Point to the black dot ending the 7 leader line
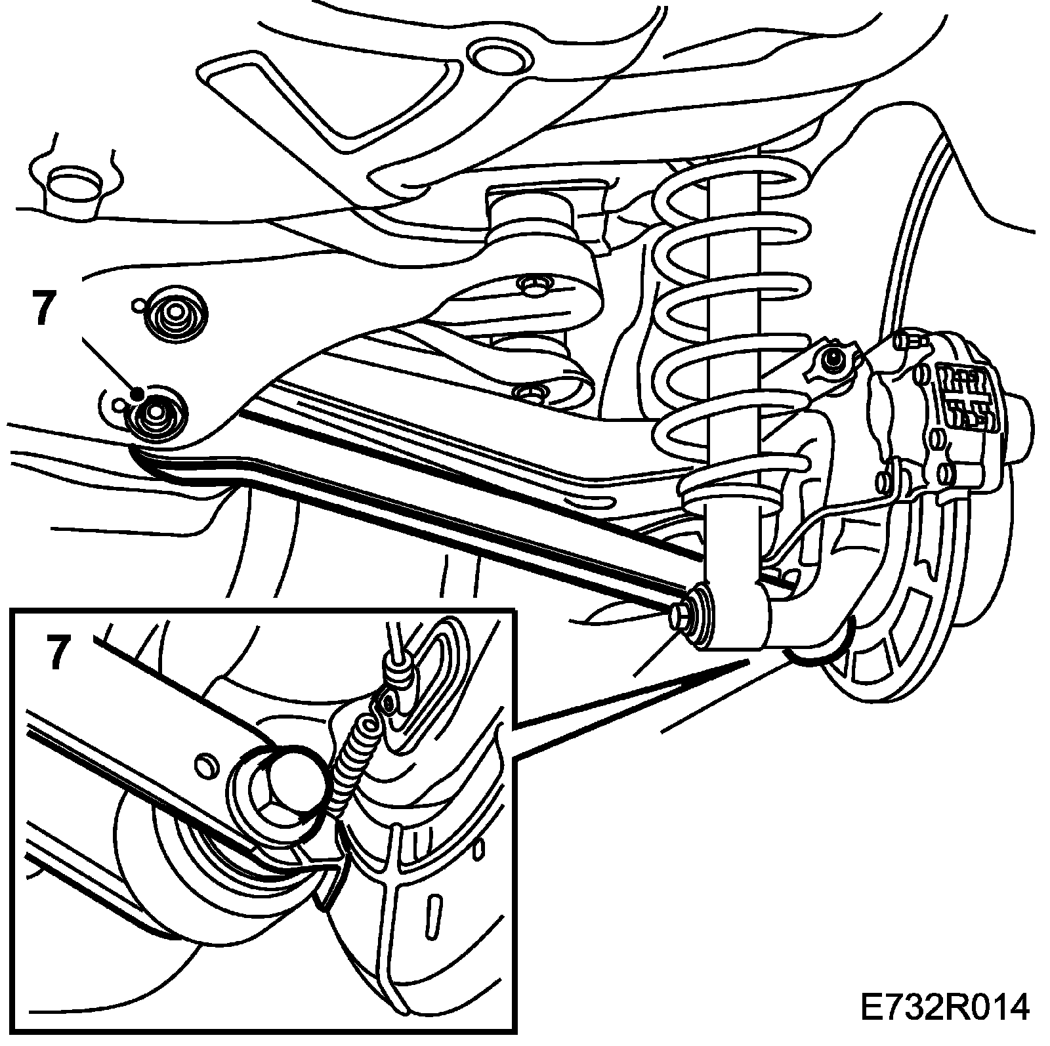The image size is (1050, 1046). [137, 393]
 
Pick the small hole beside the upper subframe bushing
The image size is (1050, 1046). [138, 305]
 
